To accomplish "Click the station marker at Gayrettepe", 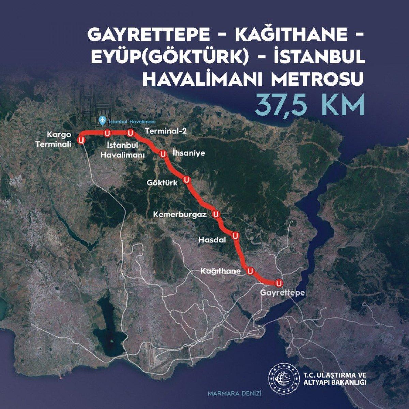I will coord(279,283).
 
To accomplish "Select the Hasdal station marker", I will coord(234,236).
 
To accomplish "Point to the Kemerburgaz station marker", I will coord(215,214).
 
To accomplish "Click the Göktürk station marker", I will coord(186,180).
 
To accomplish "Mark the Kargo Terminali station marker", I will coord(81,140).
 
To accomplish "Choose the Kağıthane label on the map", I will coord(221,271).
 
